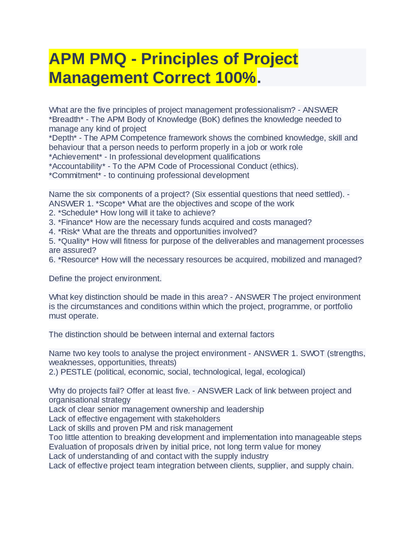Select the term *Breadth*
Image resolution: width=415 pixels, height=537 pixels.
[66, 119]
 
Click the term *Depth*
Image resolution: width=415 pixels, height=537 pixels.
[63, 138]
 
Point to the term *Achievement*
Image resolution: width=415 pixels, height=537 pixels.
[76, 157]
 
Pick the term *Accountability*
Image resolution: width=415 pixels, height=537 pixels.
[77, 166]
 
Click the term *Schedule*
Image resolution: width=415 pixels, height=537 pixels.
[78, 213]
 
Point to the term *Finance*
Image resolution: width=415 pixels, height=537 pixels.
[76, 222]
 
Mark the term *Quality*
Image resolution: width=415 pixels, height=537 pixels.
[74, 241]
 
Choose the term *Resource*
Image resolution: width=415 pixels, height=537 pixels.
[78, 260]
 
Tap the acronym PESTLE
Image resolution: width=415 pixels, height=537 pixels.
[76, 372]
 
